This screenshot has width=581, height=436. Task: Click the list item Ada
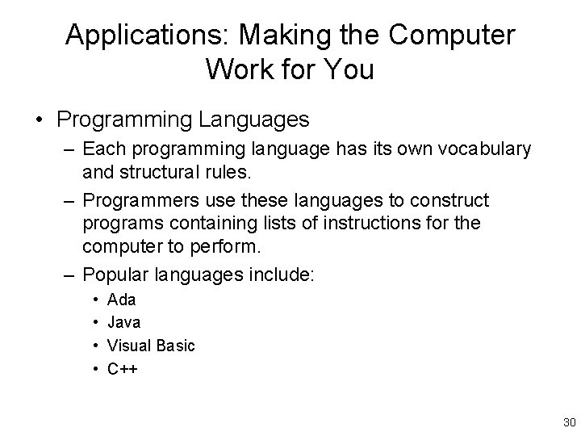tap(121, 300)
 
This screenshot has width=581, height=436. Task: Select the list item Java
tap(124, 322)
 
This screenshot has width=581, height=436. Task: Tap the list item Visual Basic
tap(151, 346)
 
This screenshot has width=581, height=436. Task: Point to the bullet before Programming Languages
tap(39, 120)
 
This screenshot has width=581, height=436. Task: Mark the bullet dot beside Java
tap(95, 323)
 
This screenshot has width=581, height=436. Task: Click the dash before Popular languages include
tap(70, 274)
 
